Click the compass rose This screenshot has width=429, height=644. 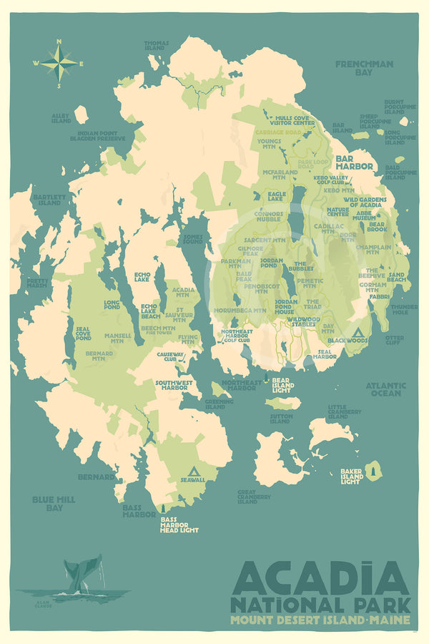(59, 64)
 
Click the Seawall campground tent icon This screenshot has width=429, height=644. (192, 472)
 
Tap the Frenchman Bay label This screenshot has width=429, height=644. (364, 68)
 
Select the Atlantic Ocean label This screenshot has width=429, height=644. (385, 389)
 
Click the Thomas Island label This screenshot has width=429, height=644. (156, 45)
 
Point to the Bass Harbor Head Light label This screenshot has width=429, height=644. (179, 525)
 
